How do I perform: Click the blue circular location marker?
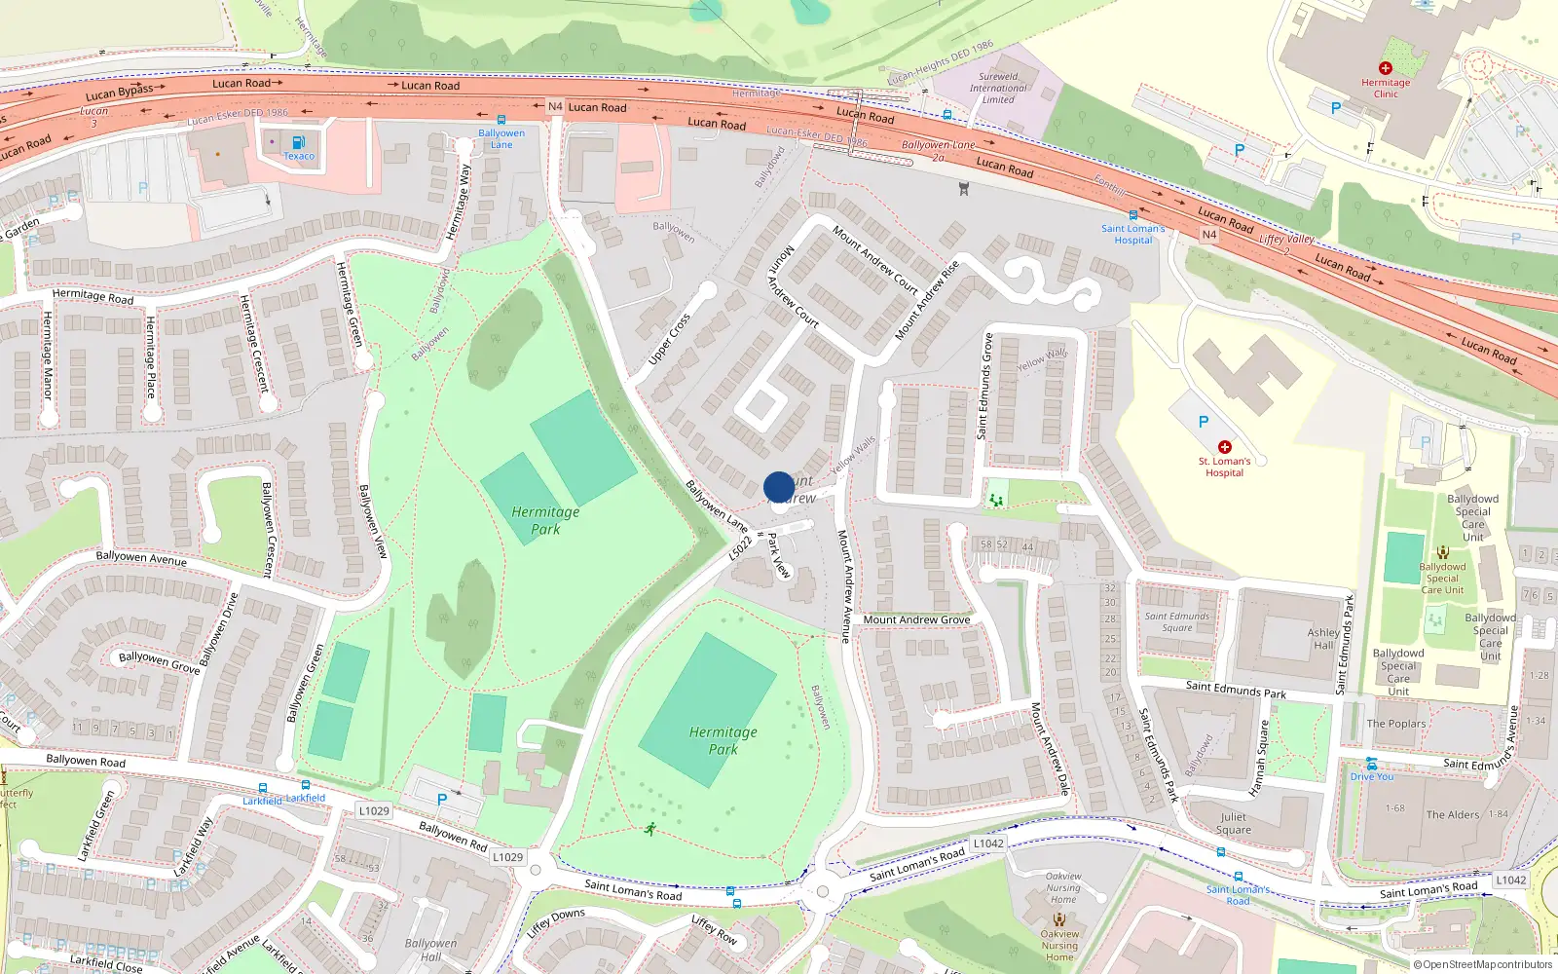(778, 486)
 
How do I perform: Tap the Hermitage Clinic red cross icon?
(1385, 68)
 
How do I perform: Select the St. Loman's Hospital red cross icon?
(1224, 448)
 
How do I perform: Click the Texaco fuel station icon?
(298, 142)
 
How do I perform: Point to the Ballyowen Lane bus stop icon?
(501, 120)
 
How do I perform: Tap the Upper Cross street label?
(670, 339)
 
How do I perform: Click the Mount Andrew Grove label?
(916, 619)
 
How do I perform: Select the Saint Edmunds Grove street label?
(986, 386)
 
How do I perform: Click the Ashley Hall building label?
(1322, 639)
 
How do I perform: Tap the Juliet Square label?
(1233, 824)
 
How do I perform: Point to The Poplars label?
(1395, 724)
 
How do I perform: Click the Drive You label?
(1371, 776)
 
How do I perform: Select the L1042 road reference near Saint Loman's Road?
(988, 843)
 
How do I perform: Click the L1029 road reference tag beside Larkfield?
(373, 810)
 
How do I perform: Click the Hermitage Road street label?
(93, 296)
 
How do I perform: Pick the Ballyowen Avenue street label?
(141, 558)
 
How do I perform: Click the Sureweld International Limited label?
(997, 88)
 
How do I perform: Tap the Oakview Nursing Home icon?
(1059, 918)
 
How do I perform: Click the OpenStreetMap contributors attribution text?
(1487, 964)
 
